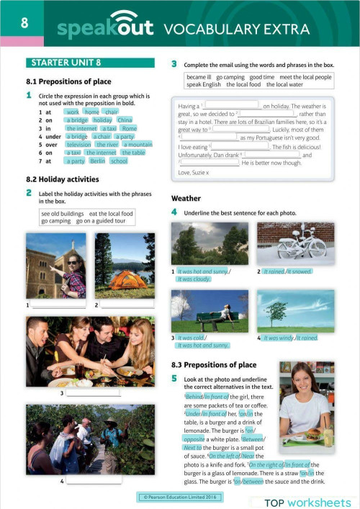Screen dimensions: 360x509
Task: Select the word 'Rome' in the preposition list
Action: pos(129,128)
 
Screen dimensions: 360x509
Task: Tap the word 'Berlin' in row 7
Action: pos(97,161)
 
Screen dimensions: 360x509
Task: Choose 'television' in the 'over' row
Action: pos(78,144)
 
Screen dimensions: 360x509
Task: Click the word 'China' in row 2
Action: pos(125,120)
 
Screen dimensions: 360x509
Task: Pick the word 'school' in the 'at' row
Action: pos(119,161)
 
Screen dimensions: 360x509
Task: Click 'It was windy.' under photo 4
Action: pos(277,338)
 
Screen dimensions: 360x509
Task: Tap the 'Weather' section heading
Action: pos(186,198)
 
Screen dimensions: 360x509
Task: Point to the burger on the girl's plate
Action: pos(315,433)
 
